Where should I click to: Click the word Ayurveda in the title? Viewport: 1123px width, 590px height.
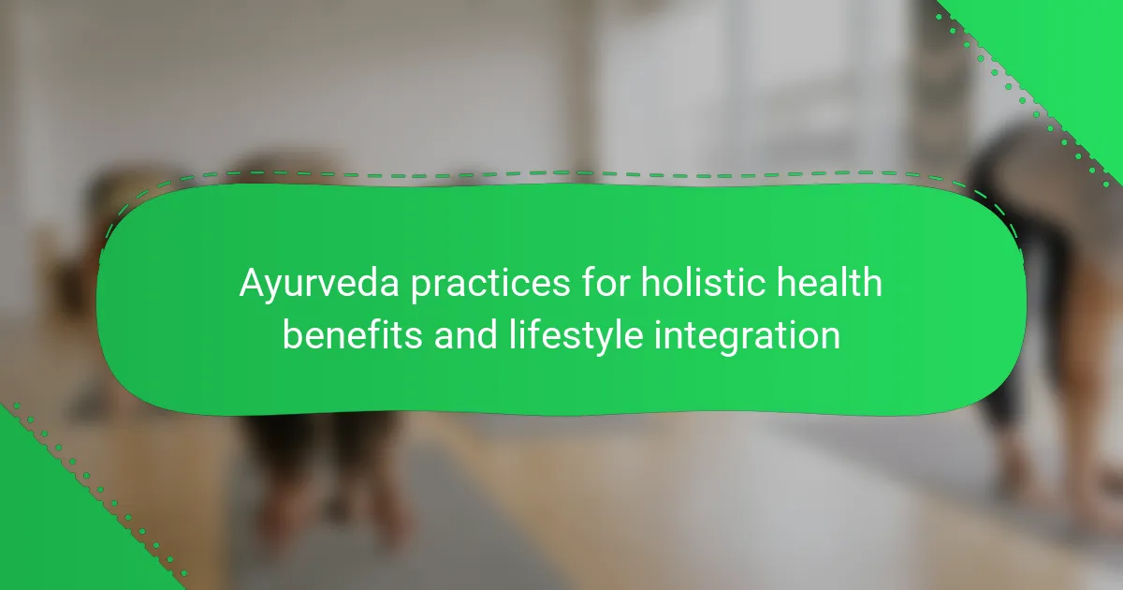tap(319, 284)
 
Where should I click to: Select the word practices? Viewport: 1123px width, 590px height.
tap(490, 284)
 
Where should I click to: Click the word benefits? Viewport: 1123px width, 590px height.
tap(353, 334)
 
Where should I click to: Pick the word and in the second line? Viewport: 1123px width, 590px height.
tap(466, 334)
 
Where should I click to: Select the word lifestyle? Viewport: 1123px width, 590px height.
tap(576, 336)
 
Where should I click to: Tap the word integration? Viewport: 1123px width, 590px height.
tap(748, 336)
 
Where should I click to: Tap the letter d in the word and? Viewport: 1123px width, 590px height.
tap(488, 334)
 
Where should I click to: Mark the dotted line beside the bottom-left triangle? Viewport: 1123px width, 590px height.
tap(100, 489)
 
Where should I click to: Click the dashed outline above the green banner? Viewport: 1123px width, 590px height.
tap(561, 173)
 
